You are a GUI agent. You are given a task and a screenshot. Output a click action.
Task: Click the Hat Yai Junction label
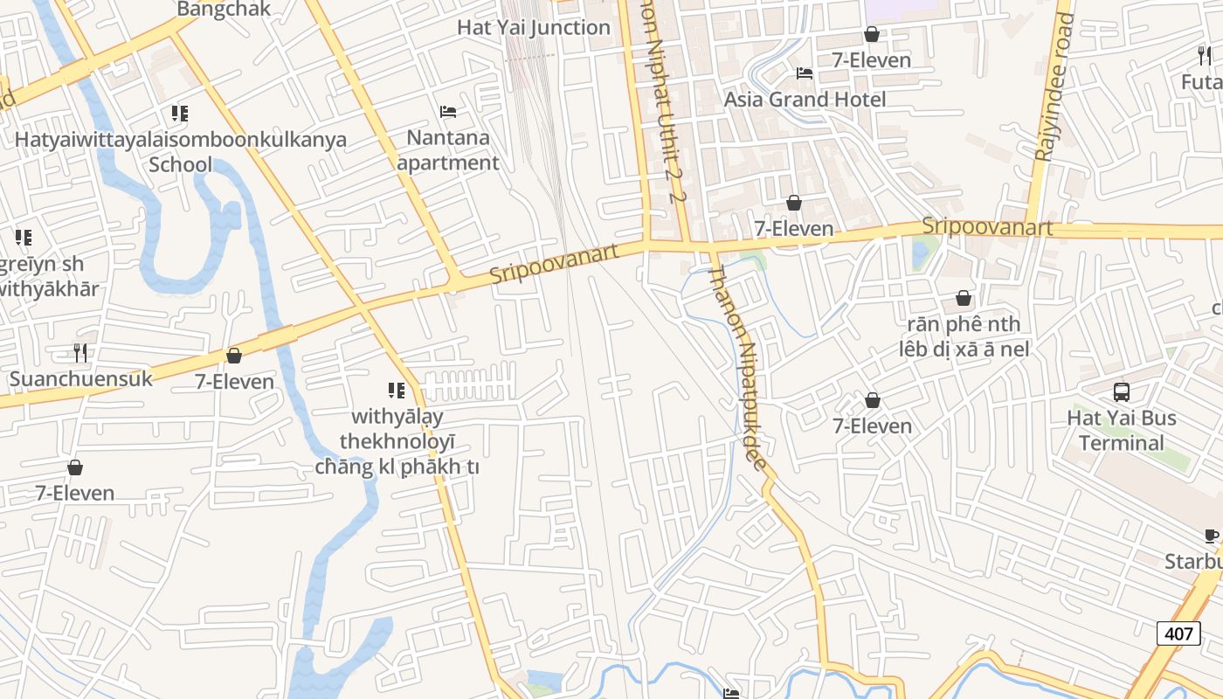pyautogui.click(x=534, y=27)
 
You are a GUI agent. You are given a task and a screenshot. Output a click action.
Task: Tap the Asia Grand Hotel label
pyautogui.click(x=805, y=100)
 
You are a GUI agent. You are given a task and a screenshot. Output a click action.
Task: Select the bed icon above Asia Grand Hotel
pyautogui.click(x=805, y=73)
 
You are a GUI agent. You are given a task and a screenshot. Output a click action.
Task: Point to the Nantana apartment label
pyautogui.click(x=448, y=150)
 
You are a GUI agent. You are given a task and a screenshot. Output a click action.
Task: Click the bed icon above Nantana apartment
pyautogui.click(x=448, y=112)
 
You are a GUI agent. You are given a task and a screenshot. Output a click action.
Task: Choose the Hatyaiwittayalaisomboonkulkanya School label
pyautogui.click(x=180, y=152)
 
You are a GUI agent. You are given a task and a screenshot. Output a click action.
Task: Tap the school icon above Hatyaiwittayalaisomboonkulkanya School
pyautogui.click(x=180, y=114)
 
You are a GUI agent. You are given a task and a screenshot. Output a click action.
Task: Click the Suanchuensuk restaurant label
pyautogui.click(x=80, y=378)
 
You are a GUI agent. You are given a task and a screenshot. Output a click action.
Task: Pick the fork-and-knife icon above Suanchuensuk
pyautogui.click(x=80, y=353)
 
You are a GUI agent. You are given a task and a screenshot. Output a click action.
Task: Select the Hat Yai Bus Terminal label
pyautogui.click(x=1122, y=430)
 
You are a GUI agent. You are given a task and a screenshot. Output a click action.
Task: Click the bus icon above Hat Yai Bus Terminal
pyautogui.click(x=1122, y=392)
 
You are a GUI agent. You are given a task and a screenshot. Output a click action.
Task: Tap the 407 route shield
pyautogui.click(x=1178, y=633)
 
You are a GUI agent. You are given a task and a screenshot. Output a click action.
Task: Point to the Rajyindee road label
pyautogui.click(x=1052, y=87)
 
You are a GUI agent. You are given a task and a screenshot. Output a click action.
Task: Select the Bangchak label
pyautogui.click(x=224, y=10)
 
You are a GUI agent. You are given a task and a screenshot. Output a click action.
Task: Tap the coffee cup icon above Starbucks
pyautogui.click(x=1211, y=536)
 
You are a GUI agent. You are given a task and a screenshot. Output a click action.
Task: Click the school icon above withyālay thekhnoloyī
pyautogui.click(x=397, y=391)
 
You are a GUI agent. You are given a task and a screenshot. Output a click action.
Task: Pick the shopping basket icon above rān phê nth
pyautogui.click(x=964, y=299)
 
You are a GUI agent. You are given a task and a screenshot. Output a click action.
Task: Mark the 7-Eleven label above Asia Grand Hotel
pyautogui.click(x=871, y=60)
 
